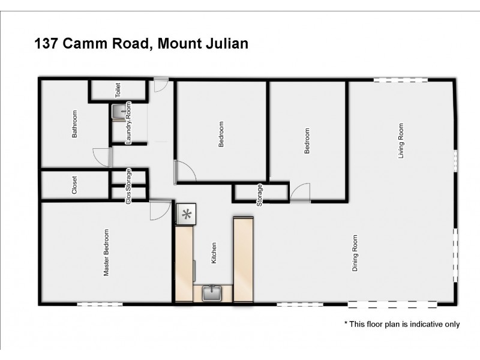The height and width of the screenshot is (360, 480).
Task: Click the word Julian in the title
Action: click(x=224, y=44)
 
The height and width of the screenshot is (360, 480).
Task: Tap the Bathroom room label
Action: click(x=75, y=124)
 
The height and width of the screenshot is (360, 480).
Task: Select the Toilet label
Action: click(x=118, y=91)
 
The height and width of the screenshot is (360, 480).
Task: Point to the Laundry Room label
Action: click(x=128, y=124)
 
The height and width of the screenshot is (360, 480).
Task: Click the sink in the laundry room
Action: click(x=119, y=111)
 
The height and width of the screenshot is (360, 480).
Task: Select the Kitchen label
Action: click(x=213, y=253)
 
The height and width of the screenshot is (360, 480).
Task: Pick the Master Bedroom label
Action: click(x=107, y=253)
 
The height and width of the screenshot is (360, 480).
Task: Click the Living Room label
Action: click(x=401, y=140)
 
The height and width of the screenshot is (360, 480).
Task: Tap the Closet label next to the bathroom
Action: click(x=74, y=185)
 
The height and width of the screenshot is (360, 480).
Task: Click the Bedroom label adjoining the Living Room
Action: click(x=307, y=141)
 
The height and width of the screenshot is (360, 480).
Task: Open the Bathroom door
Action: click(x=103, y=157)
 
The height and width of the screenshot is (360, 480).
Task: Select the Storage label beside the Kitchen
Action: click(x=260, y=195)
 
